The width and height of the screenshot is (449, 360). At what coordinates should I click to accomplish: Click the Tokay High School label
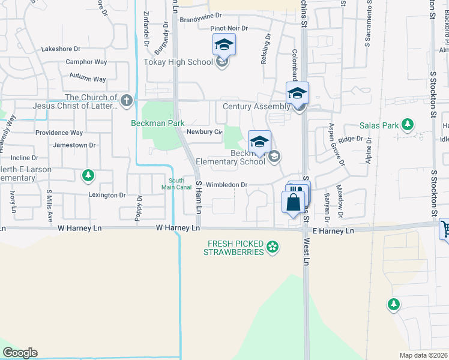(178, 62)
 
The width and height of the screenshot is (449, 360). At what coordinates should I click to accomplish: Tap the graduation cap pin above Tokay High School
(224, 44)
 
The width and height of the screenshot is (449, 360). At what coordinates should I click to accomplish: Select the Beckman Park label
(158, 123)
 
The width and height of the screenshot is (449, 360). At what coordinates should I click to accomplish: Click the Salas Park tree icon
(408, 125)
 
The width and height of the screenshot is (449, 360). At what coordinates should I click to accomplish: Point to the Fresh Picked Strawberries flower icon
(273, 246)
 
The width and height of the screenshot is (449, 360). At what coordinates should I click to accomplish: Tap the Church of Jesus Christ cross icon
(126, 100)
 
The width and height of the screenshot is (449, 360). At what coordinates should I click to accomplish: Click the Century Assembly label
(256, 106)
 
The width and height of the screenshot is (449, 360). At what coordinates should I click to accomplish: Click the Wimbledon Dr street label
(226, 185)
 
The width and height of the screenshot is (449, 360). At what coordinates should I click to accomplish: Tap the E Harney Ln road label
(333, 230)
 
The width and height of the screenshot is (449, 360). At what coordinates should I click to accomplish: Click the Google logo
(20, 353)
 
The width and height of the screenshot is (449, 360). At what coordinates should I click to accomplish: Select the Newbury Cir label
(205, 131)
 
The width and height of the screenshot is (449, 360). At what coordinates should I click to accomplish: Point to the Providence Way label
(59, 133)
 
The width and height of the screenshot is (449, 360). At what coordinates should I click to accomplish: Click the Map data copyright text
(423, 355)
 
